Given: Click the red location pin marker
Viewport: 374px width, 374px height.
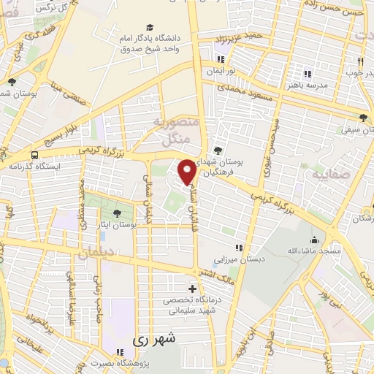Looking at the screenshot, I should point(188,172).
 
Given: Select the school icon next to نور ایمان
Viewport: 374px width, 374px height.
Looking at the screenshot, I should point(221,59).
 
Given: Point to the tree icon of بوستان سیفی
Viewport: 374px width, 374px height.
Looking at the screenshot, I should point(364,117).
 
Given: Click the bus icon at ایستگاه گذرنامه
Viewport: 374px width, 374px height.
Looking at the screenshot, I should point(34,155).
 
